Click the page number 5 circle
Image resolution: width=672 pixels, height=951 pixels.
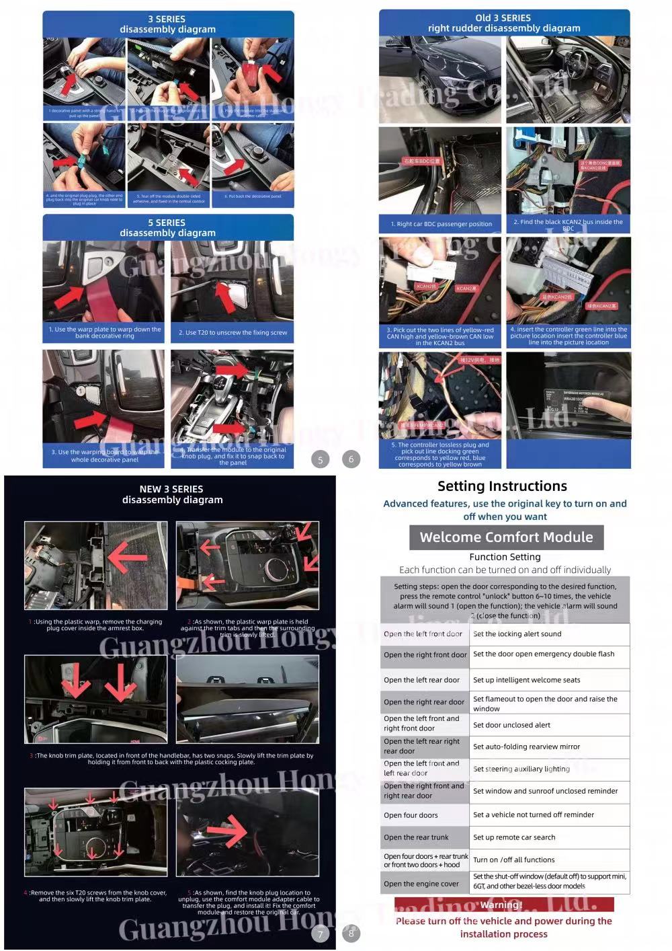pyautogui.click(x=321, y=460)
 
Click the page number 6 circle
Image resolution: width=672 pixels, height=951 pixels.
pyautogui.click(x=351, y=459)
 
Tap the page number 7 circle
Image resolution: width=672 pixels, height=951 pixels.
pyautogui.click(x=321, y=934)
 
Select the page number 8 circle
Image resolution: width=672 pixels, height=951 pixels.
pyautogui.click(x=351, y=933)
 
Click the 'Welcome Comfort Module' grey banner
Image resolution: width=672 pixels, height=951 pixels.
pyautogui.click(x=506, y=537)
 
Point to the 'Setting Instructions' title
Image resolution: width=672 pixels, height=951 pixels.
pyautogui.click(x=502, y=486)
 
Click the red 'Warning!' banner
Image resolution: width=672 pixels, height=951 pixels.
pyautogui.click(x=504, y=905)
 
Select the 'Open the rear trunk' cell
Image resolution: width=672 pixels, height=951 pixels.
pyautogui.click(x=424, y=837)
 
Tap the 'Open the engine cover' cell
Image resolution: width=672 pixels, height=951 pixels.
pyautogui.click(x=424, y=884)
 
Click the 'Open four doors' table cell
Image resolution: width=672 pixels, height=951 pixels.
pyautogui.click(x=424, y=815)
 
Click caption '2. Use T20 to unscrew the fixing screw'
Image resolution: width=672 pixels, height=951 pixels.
pyautogui.click(x=233, y=333)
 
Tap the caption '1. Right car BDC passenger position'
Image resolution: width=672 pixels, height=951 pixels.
pyautogui.click(x=441, y=224)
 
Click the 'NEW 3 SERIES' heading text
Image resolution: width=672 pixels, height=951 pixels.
pyautogui.click(x=171, y=489)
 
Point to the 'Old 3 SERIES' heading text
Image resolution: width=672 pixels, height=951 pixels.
pyautogui.click(x=503, y=17)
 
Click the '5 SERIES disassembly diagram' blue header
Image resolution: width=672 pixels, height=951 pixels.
pyautogui.click(x=168, y=227)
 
